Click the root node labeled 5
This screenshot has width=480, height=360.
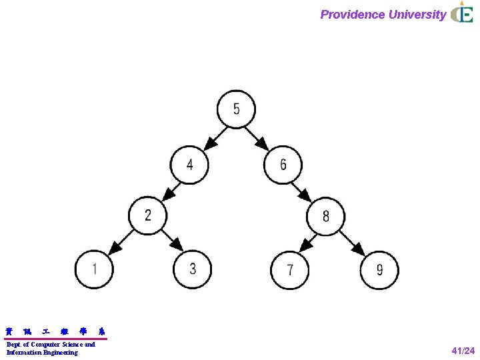coord(236,109)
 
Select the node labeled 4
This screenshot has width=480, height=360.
coord(189,164)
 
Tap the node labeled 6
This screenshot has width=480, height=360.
coord(283,164)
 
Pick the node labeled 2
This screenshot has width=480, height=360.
coord(148,215)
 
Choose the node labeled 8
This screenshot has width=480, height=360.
coord(325,216)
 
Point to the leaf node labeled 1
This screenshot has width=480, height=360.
coord(94,269)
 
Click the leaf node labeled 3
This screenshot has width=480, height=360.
coord(193,269)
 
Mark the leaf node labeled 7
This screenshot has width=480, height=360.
coord(290,270)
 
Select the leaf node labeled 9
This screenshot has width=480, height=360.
coord(379,270)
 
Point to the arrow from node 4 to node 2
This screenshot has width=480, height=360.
coord(169,189)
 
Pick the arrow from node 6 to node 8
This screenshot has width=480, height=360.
coord(304,190)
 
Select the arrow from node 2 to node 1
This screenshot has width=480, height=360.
coord(121,242)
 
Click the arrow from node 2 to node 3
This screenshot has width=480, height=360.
coord(171,241)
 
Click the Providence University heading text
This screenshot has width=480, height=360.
coord(383,15)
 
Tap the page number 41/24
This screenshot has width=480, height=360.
coord(463,351)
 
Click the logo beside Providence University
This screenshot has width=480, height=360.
coord(462,14)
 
